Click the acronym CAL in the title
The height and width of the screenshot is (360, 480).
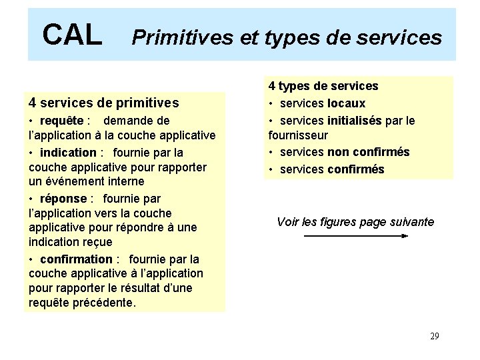(x=72, y=35)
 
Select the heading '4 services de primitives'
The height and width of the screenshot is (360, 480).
(x=104, y=103)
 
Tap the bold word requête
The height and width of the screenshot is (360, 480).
(x=61, y=121)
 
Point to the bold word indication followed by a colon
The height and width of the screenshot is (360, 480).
(x=68, y=153)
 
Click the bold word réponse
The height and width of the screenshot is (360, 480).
(x=63, y=199)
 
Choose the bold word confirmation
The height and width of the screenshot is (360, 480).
(x=76, y=259)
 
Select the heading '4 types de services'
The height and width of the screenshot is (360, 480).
(x=323, y=86)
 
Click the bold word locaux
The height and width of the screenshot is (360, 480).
(x=346, y=103)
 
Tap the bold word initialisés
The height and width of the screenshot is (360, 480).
(x=354, y=121)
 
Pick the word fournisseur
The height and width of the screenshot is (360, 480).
(x=298, y=135)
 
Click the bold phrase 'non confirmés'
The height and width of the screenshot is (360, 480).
(x=368, y=152)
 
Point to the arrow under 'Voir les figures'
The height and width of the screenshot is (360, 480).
(x=355, y=236)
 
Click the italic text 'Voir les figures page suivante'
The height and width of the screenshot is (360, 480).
(x=355, y=222)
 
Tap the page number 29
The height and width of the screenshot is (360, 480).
(x=434, y=336)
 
